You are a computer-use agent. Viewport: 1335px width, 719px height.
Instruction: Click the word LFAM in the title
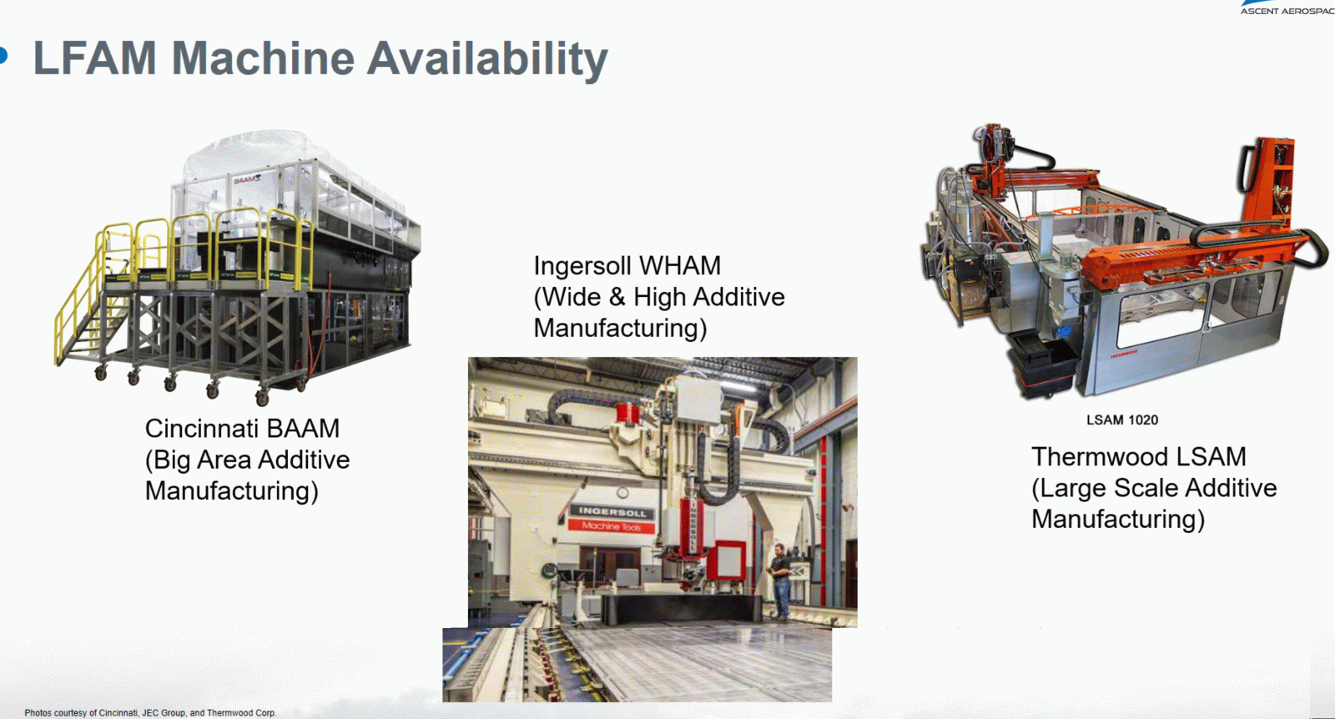[x=94, y=58]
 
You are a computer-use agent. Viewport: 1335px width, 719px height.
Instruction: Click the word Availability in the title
[x=487, y=59]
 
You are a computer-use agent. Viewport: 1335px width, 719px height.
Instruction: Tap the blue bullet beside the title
[x=3, y=55]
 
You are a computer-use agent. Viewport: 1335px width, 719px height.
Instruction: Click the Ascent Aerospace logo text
[x=1287, y=11]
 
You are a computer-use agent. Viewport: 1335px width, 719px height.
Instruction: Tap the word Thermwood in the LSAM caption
[x=1090, y=457]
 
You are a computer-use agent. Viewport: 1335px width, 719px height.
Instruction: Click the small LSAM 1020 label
[x=1122, y=420]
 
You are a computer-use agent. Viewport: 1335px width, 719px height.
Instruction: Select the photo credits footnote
[x=150, y=712]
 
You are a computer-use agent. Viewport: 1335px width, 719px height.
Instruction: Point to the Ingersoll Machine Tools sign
[x=612, y=518]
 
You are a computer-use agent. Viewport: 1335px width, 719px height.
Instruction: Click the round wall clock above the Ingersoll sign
[x=622, y=493]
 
